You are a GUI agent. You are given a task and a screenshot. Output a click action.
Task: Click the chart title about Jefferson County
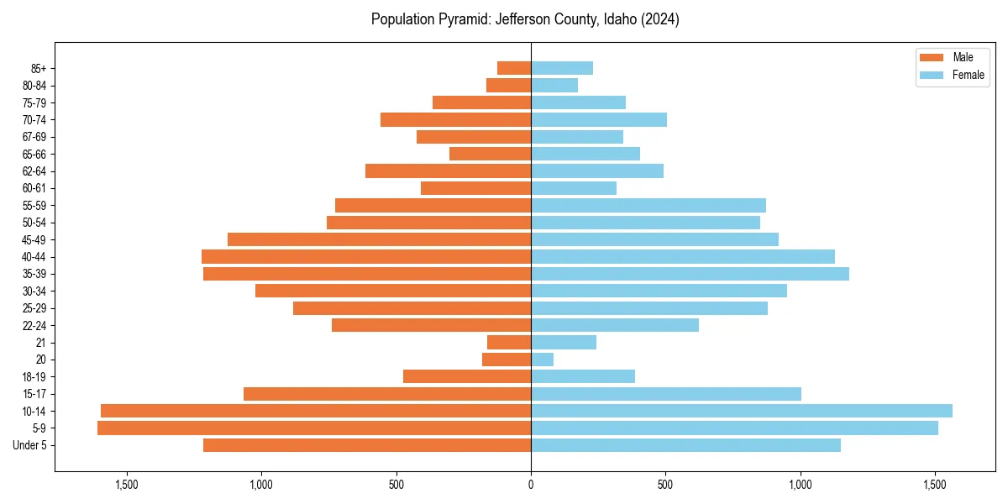click(525, 19)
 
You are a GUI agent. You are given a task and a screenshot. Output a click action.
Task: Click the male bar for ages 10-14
click(316, 411)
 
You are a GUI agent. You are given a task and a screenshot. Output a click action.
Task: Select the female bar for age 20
click(543, 360)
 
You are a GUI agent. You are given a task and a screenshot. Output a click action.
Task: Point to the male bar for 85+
click(514, 68)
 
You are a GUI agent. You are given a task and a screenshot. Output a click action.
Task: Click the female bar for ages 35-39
click(690, 274)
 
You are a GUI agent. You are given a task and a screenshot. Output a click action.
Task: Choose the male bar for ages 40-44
click(366, 256)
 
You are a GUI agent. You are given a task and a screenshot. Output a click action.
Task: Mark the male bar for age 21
click(509, 342)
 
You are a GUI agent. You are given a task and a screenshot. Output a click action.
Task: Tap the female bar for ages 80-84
click(554, 85)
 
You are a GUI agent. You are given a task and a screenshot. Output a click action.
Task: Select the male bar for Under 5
click(367, 445)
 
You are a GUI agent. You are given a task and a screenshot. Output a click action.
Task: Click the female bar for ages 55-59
click(648, 205)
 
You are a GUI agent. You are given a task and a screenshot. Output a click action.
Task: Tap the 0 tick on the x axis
click(531, 485)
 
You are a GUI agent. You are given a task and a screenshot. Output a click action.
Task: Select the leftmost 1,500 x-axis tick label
click(127, 485)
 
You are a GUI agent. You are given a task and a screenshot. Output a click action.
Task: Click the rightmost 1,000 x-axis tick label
click(801, 485)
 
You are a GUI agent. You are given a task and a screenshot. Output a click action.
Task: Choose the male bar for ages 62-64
click(448, 171)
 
